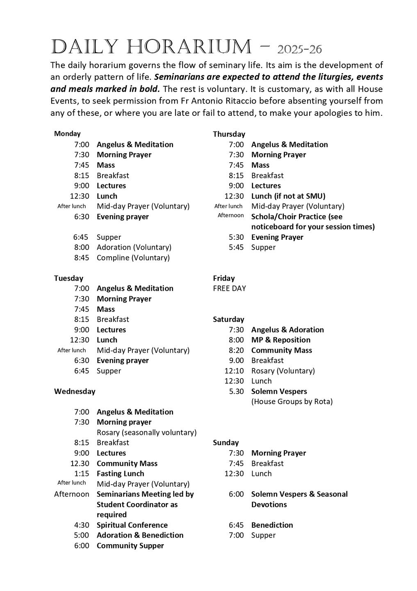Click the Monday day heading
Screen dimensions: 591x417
point(67,133)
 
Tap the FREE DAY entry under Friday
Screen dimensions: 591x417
point(229,288)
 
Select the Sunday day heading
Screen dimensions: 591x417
point(226,442)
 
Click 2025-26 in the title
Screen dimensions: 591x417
point(299,50)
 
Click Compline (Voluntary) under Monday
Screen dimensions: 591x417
point(133,258)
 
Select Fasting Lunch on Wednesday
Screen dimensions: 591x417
point(121,474)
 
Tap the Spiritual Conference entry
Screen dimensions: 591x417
point(132,525)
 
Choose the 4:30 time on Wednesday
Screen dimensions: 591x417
point(82,525)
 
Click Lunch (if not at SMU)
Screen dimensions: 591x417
point(288,196)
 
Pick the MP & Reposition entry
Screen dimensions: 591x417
point(280,340)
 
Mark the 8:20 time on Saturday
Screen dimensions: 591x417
point(236,350)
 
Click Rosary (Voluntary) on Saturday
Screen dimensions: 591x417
point(283,371)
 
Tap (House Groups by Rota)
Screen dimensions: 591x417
point(292,401)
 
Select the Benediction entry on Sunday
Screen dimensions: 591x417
point(272,525)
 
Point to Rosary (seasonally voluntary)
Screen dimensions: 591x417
point(146,432)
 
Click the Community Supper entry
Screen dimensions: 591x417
point(130,545)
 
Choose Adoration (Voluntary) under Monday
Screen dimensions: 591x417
point(134,247)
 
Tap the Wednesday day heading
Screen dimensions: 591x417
point(75,391)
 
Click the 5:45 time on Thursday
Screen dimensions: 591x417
point(236,247)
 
